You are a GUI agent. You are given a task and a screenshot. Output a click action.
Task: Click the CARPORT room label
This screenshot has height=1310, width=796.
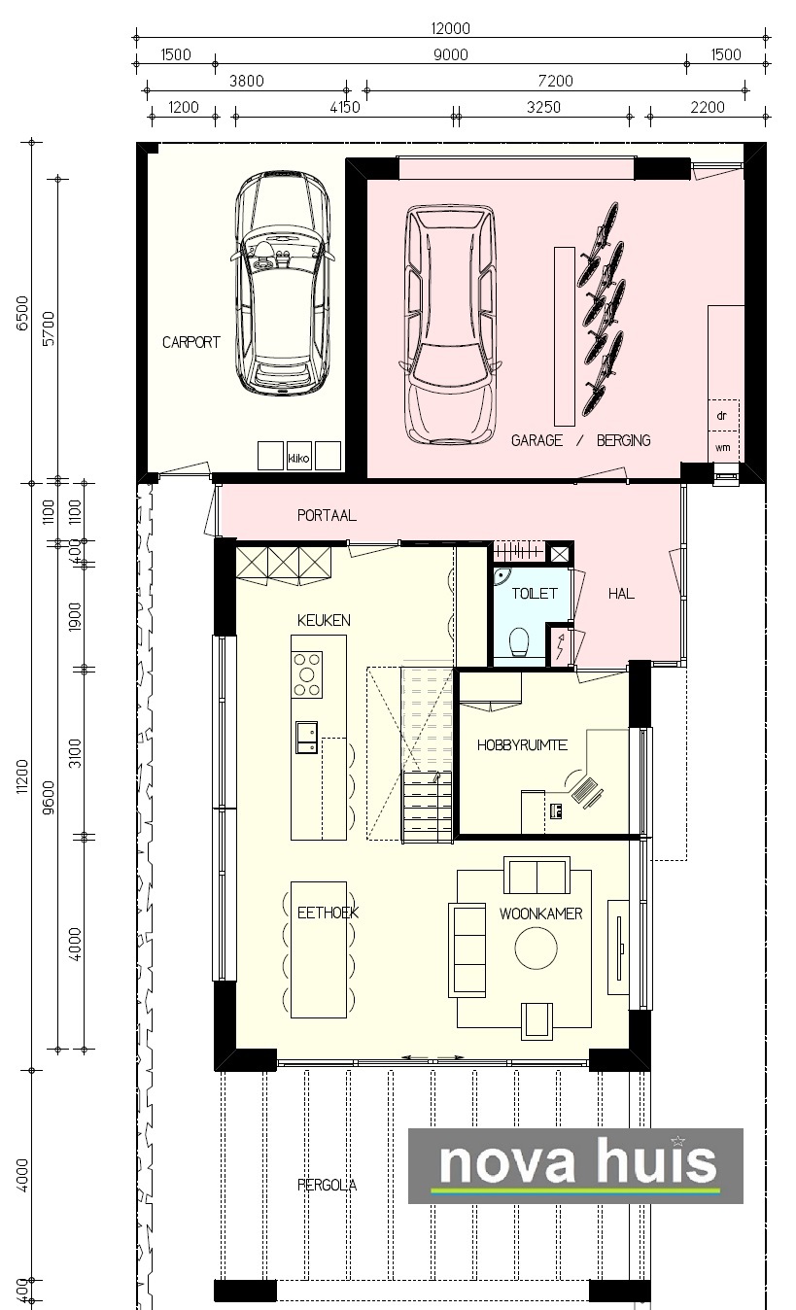[190, 342]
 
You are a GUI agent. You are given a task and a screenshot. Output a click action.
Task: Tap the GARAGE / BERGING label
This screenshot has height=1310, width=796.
[581, 440]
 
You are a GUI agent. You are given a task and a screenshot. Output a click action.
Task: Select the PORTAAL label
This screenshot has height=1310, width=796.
[327, 515]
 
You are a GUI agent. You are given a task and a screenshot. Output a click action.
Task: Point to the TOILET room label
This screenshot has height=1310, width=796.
[534, 594]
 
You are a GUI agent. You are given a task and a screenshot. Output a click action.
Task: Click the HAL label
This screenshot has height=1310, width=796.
[621, 594]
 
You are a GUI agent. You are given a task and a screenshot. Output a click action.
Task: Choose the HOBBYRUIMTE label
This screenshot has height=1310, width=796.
[522, 745]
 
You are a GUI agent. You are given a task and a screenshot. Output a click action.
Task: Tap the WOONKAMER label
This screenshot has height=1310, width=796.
[541, 914]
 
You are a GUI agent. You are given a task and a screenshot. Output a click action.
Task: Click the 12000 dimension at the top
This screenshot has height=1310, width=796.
[450, 28]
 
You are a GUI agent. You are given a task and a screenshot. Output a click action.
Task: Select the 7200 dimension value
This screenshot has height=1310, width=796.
[555, 81]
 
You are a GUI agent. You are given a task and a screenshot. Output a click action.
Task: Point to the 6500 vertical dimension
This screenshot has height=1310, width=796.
[22, 314]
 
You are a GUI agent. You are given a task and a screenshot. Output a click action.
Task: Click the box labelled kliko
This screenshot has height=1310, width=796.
[298, 456]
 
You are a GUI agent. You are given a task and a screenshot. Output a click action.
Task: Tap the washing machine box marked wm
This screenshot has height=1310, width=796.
[723, 447]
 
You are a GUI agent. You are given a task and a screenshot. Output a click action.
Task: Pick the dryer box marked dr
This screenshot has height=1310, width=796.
[723, 415]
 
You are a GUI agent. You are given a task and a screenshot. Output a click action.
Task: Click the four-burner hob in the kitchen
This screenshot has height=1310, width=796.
[307, 674]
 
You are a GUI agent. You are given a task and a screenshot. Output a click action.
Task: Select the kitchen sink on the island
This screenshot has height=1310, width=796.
[306, 738]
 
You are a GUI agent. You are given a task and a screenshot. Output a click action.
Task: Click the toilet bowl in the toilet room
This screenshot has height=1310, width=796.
[519, 642]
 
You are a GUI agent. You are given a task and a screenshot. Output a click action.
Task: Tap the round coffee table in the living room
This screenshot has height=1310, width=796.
[536, 948]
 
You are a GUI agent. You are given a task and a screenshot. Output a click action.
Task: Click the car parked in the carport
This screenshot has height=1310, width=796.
[284, 284]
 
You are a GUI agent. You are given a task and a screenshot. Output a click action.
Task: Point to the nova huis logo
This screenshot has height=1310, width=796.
[575, 1165]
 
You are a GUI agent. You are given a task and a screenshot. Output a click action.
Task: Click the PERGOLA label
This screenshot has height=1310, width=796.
[327, 1186]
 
